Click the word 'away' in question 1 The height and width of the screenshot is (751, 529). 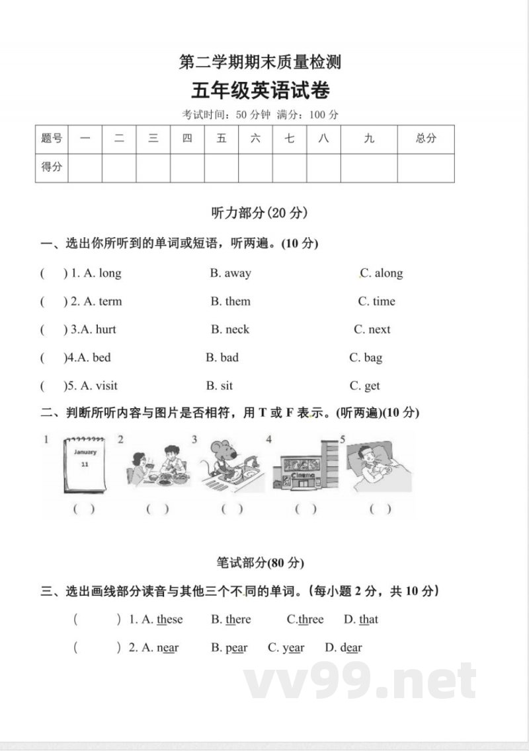point(237,273)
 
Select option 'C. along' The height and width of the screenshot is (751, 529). point(382,273)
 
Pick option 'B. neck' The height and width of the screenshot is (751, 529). point(230,329)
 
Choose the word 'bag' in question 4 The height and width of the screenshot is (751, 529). point(373,357)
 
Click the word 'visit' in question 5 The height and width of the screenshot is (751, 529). point(106,386)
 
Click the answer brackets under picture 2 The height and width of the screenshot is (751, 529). point(157,509)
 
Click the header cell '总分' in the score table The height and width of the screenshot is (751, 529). point(426,139)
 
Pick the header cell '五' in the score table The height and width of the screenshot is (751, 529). point(222,139)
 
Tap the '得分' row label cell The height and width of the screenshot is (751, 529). point(52,167)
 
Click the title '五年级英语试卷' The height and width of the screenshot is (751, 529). point(261,90)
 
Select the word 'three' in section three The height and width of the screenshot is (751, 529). point(310,620)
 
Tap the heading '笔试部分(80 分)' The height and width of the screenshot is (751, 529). point(260,563)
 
